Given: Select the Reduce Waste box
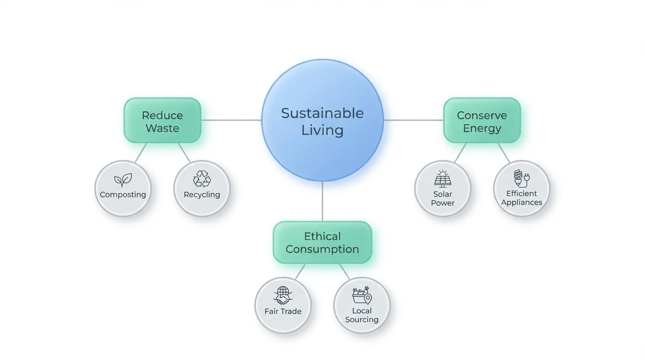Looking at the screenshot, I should pyautogui.click(x=162, y=121).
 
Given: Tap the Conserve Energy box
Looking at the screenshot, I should pyautogui.click(x=482, y=121).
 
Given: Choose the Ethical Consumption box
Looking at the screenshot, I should pyautogui.click(x=322, y=242).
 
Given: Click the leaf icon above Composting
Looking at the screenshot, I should pyautogui.click(x=123, y=180).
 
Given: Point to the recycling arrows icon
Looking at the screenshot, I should pyautogui.click(x=202, y=179).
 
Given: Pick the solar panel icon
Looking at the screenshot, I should pyautogui.click(x=442, y=179).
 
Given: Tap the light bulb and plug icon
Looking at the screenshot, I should pyautogui.click(x=521, y=179).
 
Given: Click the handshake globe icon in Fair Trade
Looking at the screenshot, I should pyautogui.click(x=283, y=296).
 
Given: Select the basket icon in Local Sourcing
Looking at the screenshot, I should pyautogui.click(x=361, y=295).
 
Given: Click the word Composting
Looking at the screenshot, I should pyautogui.click(x=123, y=195).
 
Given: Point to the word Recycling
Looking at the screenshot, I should pyautogui.click(x=202, y=195).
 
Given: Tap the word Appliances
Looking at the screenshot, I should pyautogui.click(x=521, y=202).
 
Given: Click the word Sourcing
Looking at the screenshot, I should pyautogui.click(x=361, y=320).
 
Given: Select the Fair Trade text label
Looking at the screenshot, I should pyautogui.click(x=283, y=311).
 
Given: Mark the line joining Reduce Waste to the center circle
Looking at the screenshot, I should pyautogui.click(x=231, y=120).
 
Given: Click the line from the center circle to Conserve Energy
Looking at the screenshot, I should pyautogui.click(x=413, y=120).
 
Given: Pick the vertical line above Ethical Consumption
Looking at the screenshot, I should pyautogui.click(x=322, y=202).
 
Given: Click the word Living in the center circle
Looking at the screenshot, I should pyautogui.click(x=322, y=130).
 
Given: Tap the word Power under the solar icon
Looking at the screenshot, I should pyautogui.click(x=442, y=203).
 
